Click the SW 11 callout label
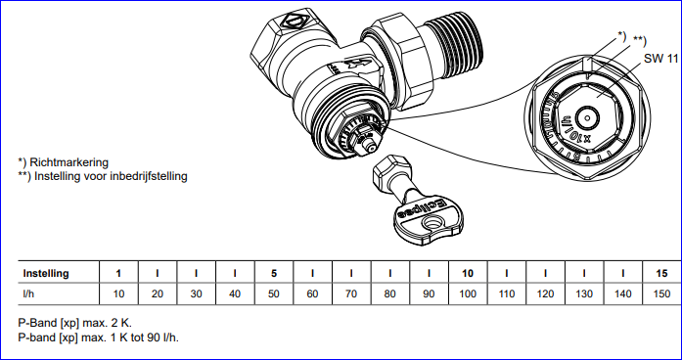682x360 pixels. coord(660,59)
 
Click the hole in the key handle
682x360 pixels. coord(432,225)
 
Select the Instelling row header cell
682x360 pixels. coord(59,273)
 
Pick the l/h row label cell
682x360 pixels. coord(59,293)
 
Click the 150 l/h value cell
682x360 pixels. coord(661,293)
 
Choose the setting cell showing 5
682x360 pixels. coord(274,273)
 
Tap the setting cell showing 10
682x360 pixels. coord(468,273)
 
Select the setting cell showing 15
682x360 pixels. coord(661,273)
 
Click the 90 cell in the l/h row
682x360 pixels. coord(429,293)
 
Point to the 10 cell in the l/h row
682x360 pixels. coord(118,293)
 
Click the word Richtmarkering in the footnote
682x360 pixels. coord(69,162)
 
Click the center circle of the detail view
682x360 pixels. coord(588,117)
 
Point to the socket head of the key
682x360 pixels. coord(391,170)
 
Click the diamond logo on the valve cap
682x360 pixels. coord(295,21)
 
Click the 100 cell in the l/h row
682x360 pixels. coord(468,293)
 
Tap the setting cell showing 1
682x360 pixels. coord(118,273)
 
